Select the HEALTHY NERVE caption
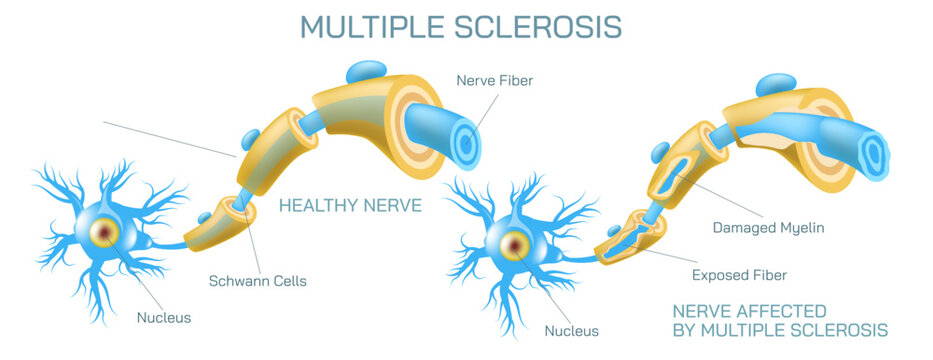point(350,206)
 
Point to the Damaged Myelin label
point(768,228)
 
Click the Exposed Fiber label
point(739,274)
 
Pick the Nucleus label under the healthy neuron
point(164,318)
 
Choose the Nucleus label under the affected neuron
point(572,330)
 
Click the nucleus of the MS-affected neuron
point(516,243)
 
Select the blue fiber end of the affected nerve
point(873,152)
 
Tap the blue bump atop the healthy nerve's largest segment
point(366,72)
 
